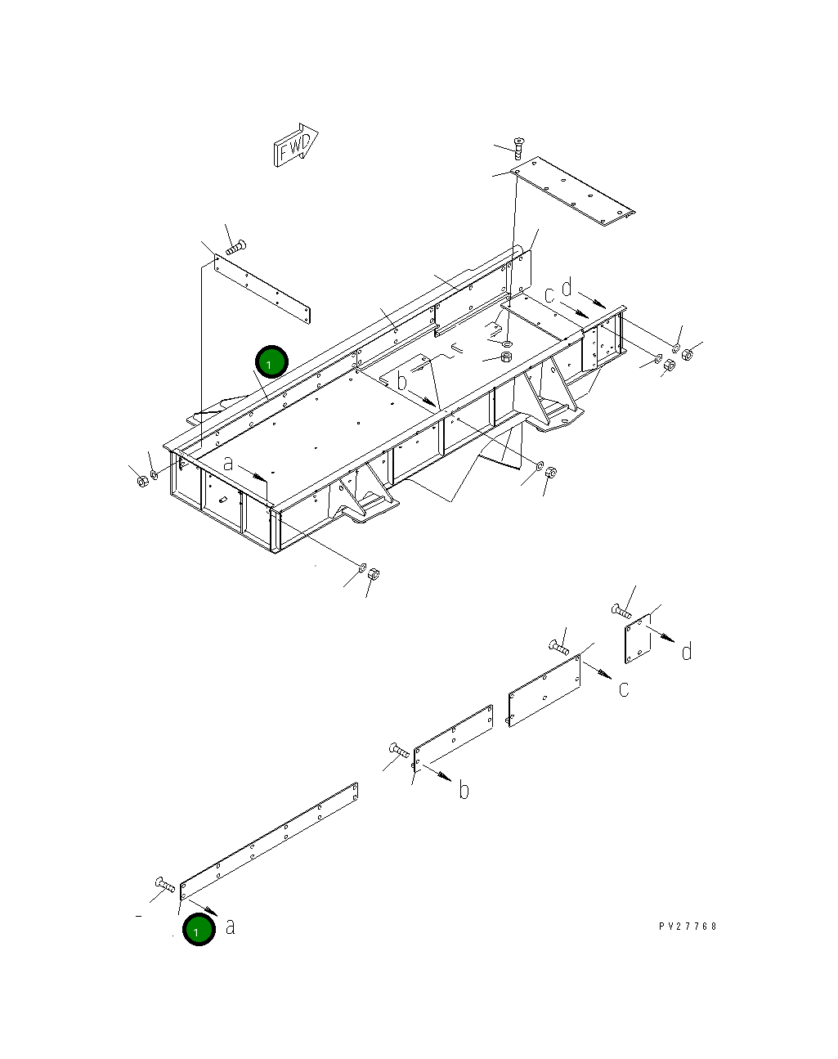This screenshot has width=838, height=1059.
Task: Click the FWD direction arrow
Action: [x=295, y=146]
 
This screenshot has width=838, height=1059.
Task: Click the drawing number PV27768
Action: [x=688, y=927]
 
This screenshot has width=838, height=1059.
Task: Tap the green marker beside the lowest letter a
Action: [x=198, y=930]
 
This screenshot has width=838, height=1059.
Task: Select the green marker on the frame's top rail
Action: [x=271, y=361]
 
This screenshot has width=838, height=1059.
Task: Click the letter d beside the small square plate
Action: [x=687, y=651]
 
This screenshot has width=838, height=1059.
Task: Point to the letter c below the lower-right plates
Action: [x=624, y=689]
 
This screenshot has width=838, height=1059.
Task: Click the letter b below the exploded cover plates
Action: [x=464, y=790]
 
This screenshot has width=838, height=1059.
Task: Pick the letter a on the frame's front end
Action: [x=229, y=464]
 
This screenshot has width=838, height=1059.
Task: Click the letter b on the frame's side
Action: [x=401, y=381]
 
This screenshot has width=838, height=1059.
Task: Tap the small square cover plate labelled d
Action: [x=637, y=638]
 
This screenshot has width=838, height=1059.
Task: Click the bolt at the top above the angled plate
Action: [x=519, y=147]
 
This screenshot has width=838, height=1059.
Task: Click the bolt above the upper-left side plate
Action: [x=236, y=245]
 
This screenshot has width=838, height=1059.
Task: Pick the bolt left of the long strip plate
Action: [x=164, y=884]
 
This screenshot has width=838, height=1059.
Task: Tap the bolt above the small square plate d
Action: [x=621, y=610]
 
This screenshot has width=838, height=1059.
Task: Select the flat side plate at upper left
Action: [x=262, y=288]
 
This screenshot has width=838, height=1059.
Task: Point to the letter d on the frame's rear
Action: [x=566, y=288]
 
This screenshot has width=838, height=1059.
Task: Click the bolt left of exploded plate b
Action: [x=399, y=749]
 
